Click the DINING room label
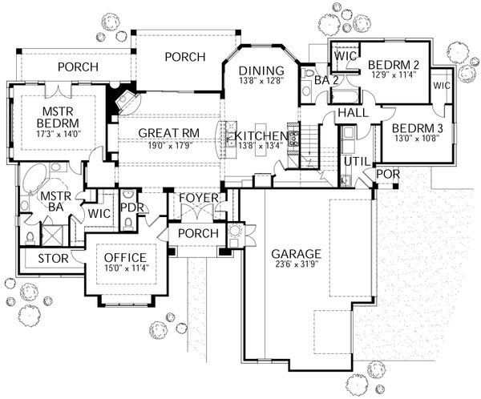point(262,69)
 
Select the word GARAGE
point(295,251)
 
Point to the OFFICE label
point(126,257)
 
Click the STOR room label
point(33,259)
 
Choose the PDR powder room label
point(130,208)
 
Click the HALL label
point(353,114)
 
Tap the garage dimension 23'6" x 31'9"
point(295,264)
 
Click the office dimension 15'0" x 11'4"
point(126,268)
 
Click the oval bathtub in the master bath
point(36,179)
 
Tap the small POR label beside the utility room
point(387,173)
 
